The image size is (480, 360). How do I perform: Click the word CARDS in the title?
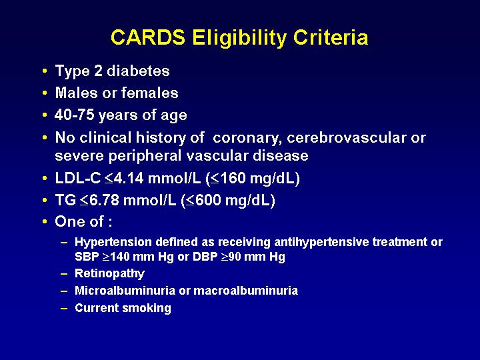(148, 37)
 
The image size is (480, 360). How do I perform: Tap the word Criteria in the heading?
(330, 37)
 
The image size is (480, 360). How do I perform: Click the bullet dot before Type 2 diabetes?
(45, 71)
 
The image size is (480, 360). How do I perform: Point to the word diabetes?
(138, 71)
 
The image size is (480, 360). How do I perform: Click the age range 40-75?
(75, 115)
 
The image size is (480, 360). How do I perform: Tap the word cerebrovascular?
(347, 138)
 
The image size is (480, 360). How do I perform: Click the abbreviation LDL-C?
(78, 178)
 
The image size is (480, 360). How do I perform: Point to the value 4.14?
(129, 178)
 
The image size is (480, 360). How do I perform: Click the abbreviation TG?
(65, 200)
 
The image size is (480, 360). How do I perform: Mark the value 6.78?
(104, 200)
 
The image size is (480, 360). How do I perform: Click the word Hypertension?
(113, 242)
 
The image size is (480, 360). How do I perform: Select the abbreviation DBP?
(205, 257)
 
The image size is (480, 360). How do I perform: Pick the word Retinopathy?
(109, 274)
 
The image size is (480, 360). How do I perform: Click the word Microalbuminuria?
(125, 290)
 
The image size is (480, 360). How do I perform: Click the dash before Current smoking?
(64, 308)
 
